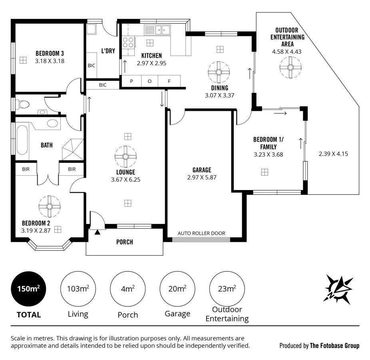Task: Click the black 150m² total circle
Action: tap(28, 289)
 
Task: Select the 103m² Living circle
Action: tap(78, 289)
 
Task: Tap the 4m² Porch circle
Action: tap(128, 289)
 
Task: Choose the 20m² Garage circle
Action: tap(177, 289)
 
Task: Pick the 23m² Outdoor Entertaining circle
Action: tap(227, 289)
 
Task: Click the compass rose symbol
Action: tap(338, 288)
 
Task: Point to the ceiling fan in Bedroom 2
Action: tap(50, 206)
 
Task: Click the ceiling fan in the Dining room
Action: tap(219, 72)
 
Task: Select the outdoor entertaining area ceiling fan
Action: tap(290, 67)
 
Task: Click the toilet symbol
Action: tap(23, 104)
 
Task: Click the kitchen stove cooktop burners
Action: tap(128, 42)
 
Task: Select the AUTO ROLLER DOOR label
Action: tap(201, 233)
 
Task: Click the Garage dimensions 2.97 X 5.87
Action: tap(201, 178)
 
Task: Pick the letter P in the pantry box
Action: tap(131, 81)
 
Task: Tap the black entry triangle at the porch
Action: tap(97, 232)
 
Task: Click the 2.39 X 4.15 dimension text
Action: tap(333, 154)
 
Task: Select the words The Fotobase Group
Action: tap(334, 346)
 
